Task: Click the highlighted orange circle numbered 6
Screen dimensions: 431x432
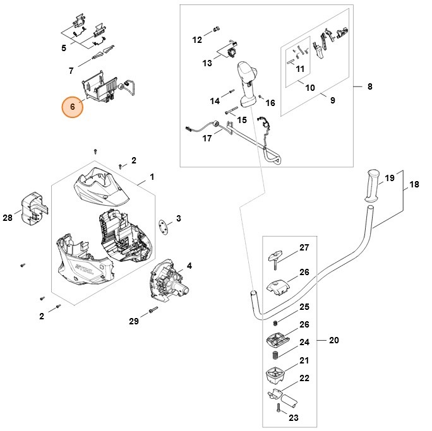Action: click(x=73, y=107)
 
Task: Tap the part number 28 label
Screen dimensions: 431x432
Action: click(x=7, y=218)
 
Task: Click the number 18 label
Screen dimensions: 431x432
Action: click(x=414, y=184)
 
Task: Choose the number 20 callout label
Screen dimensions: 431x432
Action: click(x=334, y=341)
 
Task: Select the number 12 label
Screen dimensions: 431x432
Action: click(x=197, y=40)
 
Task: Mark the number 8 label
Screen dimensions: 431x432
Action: click(x=369, y=86)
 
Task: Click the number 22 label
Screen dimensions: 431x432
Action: click(x=304, y=379)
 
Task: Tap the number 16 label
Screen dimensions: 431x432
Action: click(x=270, y=103)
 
